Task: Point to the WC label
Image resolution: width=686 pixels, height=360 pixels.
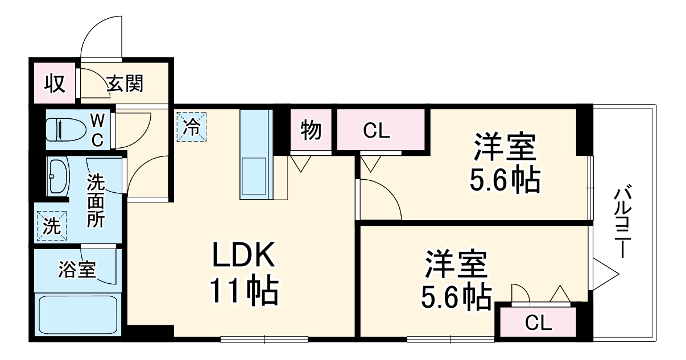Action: tap(98, 130)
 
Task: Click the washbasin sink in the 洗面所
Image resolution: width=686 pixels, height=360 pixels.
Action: tap(57, 176)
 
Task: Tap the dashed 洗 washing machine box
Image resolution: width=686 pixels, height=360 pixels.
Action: tap(51, 226)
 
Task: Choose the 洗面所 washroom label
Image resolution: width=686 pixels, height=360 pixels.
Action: tap(96, 201)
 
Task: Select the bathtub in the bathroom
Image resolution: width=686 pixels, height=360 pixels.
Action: tap(77, 316)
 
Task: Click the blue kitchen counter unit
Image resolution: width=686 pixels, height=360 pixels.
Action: tap(257, 154)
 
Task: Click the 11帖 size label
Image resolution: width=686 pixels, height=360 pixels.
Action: tap(245, 291)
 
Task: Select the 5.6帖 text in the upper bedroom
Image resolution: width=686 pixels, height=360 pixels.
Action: tap(504, 180)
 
